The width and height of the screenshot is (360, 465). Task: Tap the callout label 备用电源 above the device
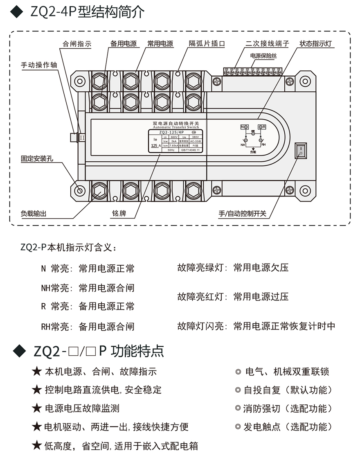pos(123,44)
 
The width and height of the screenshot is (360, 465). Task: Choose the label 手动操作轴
pos(40,65)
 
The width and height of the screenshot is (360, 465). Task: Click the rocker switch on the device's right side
pos(301,150)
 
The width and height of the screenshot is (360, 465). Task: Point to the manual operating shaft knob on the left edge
pos(74,137)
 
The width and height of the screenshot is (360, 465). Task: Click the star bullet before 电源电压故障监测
pos(37,408)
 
